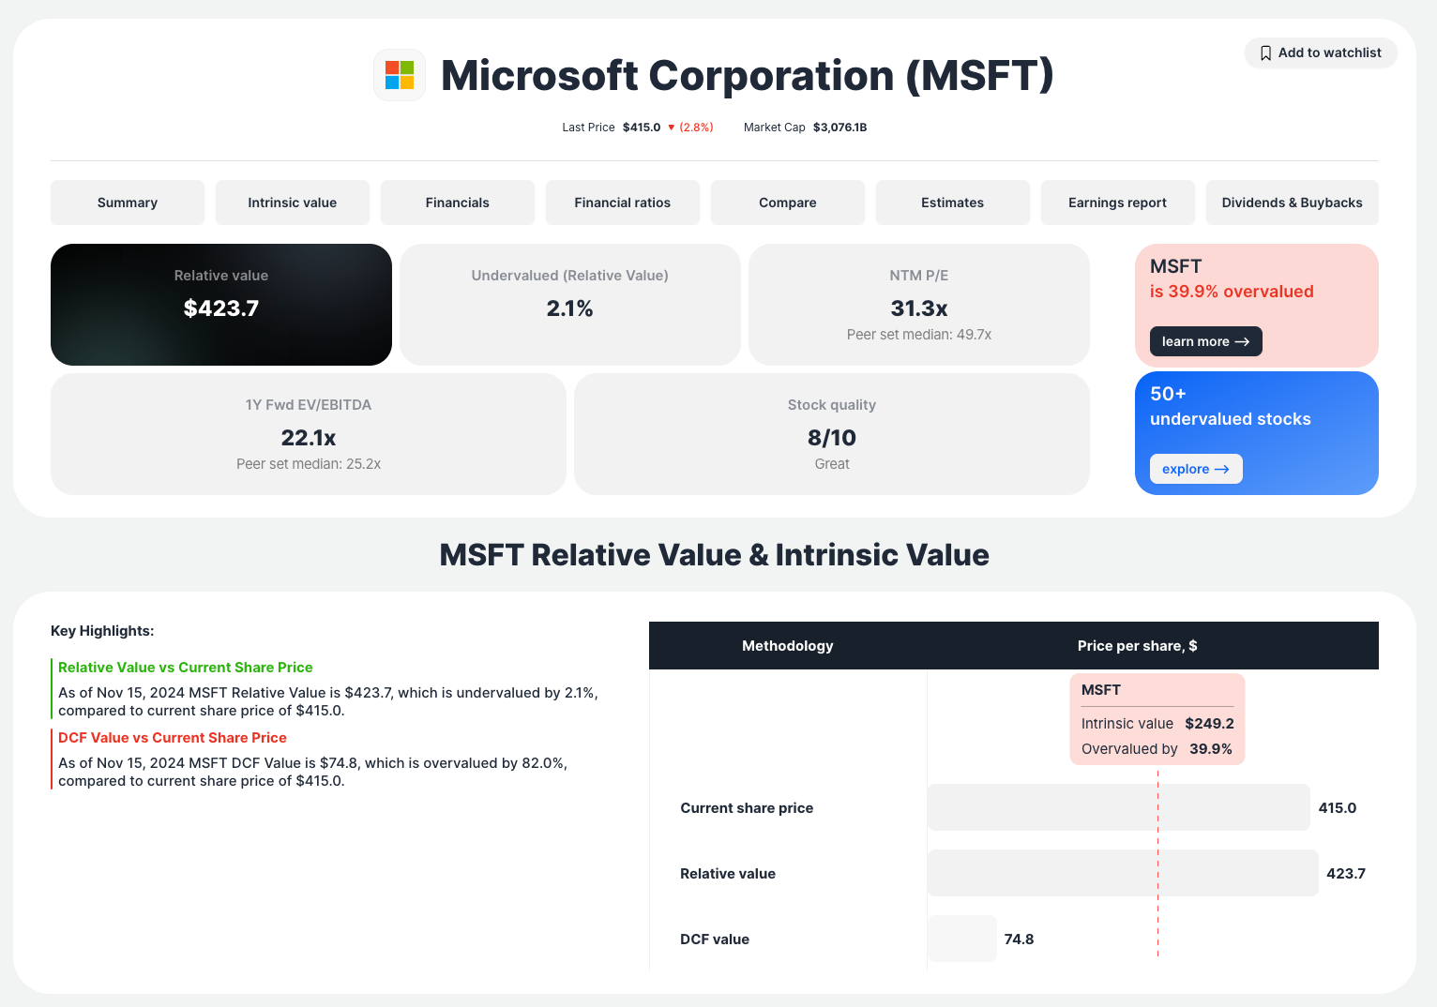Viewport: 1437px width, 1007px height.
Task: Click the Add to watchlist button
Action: coord(1321,53)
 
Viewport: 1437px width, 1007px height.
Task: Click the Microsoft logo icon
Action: coord(400,75)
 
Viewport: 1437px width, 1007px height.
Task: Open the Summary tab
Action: coord(128,203)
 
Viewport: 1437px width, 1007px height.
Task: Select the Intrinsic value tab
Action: coord(293,203)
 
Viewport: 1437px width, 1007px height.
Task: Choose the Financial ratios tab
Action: coord(623,203)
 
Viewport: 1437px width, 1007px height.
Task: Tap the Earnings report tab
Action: coord(1117,203)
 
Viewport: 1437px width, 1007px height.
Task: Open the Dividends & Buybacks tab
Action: coord(1292,203)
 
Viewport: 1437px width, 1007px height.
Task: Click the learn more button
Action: coord(1205,341)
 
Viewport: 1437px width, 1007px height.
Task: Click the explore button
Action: coord(1196,469)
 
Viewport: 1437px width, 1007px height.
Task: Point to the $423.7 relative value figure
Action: coord(221,308)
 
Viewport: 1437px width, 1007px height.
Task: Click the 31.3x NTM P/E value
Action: coord(919,308)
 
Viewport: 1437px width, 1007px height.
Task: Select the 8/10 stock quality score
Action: coord(832,438)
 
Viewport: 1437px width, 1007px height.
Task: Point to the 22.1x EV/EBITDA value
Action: coord(309,438)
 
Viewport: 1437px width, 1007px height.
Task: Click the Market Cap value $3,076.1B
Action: coord(840,128)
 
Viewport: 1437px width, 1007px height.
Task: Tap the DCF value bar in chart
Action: coord(962,939)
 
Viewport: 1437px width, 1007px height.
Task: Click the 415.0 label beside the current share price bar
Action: coord(1337,808)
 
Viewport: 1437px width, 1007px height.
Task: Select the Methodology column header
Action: coord(787,646)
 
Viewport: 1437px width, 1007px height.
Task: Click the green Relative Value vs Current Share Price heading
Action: coord(186,668)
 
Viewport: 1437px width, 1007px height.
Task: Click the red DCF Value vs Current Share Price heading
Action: coord(173,738)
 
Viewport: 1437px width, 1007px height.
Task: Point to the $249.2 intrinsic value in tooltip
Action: coord(1209,724)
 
